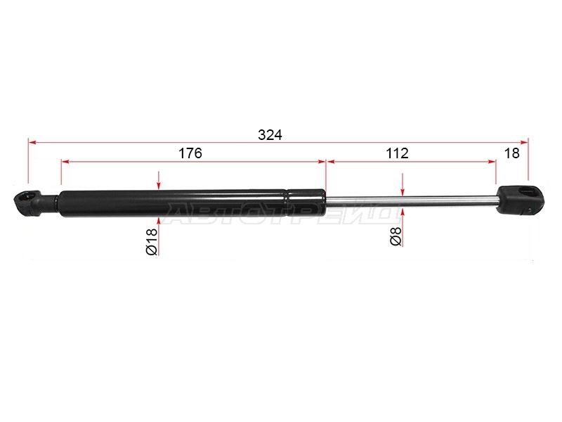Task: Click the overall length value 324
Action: click(270, 135)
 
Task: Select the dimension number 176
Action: click(190, 153)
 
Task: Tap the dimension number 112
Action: click(397, 153)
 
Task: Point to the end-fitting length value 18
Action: click(512, 153)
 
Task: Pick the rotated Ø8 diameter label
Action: click(396, 236)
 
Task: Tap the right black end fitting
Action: click(520, 200)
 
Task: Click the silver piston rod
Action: click(412, 201)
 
